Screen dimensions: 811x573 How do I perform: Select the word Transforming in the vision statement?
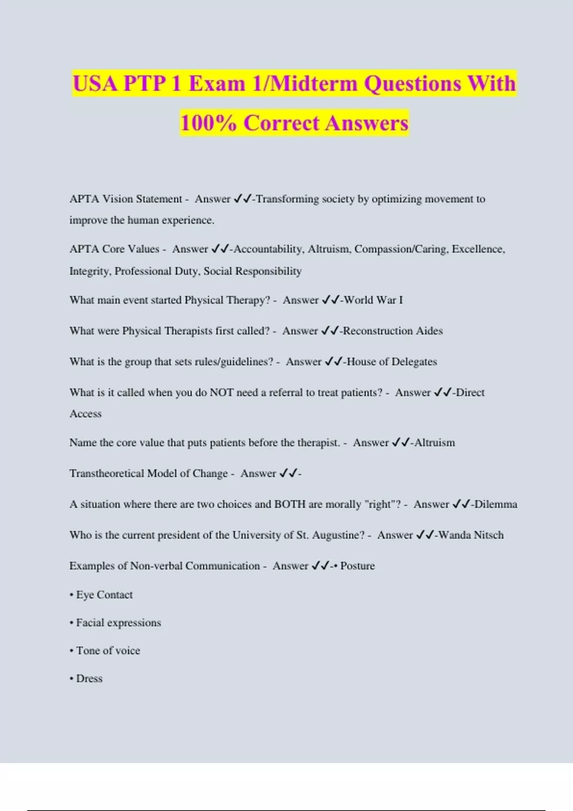coord(287,199)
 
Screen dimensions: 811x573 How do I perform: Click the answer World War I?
coord(373,300)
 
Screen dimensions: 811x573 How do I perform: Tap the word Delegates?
coord(414,362)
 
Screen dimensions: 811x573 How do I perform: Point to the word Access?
coord(85,414)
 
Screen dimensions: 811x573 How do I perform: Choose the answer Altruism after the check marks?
coord(435,443)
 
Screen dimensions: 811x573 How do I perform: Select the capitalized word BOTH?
coord(289,504)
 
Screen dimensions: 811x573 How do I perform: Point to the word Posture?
coord(357,566)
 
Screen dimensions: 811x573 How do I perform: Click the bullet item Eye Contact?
coord(104,595)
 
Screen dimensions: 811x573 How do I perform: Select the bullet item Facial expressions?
coord(118,623)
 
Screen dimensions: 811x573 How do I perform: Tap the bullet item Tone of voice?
coord(108,651)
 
